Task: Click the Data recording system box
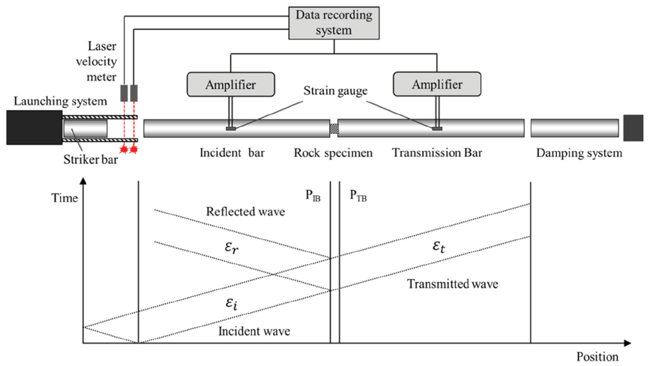[334, 23]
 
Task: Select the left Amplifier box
[231, 84]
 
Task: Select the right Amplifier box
[437, 84]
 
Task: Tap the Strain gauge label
[336, 91]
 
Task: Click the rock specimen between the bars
[334, 128]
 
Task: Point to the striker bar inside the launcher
[85, 128]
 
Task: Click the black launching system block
[34, 127]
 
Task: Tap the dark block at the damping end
[633, 128]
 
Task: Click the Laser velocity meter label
[97, 62]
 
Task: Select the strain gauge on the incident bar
[231, 128]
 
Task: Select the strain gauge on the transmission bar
[437, 128]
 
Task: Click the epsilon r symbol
[231, 247]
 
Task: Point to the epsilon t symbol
[439, 246]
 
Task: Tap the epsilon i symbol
[231, 304]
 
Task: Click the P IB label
[313, 196]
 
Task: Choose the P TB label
[358, 196]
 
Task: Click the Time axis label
[65, 198]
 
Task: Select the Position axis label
[597, 357]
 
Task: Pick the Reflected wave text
[245, 211]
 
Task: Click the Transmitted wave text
[453, 284]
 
